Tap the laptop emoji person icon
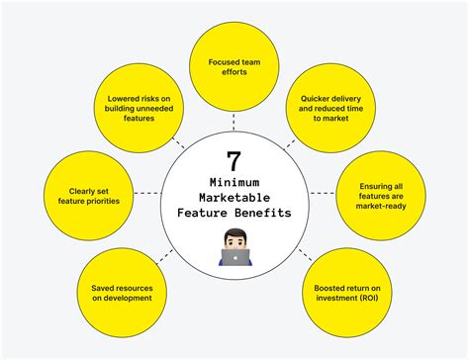(x=234, y=246)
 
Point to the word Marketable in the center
(x=234, y=197)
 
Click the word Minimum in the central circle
(x=234, y=181)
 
